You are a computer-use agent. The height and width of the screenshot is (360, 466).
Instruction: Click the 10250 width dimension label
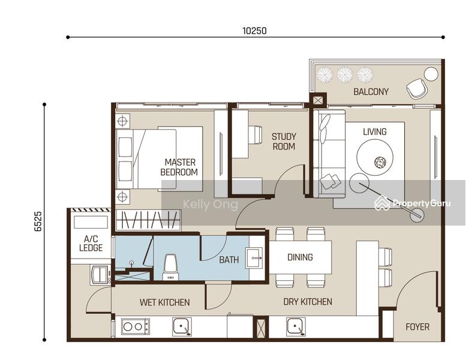click(254, 31)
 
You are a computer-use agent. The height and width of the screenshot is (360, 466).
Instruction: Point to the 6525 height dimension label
click(38, 221)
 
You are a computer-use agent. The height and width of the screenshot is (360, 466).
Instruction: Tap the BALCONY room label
click(371, 92)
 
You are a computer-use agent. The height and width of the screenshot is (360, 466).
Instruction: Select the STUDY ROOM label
click(284, 142)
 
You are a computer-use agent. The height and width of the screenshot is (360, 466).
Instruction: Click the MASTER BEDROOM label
click(179, 167)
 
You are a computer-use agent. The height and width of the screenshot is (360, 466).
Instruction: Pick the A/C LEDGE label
click(91, 243)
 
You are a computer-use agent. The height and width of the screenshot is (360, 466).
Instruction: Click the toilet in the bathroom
click(171, 267)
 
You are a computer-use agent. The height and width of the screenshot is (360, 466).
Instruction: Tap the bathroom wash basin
click(254, 257)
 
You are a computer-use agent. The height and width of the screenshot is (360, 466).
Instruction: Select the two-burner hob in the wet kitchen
click(136, 326)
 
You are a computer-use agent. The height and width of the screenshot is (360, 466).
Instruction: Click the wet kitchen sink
click(182, 326)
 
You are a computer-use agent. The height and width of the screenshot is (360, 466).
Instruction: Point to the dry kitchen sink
click(296, 326)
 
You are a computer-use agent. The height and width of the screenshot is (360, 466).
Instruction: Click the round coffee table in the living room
click(375, 157)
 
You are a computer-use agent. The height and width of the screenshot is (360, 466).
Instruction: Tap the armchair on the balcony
click(417, 88)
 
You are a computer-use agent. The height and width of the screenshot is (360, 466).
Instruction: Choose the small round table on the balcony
click(431, 74)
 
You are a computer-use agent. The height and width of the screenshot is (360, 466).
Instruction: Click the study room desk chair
click(255, 134)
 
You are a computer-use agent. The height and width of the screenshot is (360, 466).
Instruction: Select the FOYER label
click(417, 327)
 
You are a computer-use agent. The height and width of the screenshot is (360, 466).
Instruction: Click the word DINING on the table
click(300, 257)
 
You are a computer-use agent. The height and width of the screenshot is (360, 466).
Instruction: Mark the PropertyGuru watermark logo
click(413, 203)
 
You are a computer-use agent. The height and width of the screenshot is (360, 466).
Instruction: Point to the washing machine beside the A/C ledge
click(100, 274)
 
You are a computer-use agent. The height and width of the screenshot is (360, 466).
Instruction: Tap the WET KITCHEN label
click(165, 302)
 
